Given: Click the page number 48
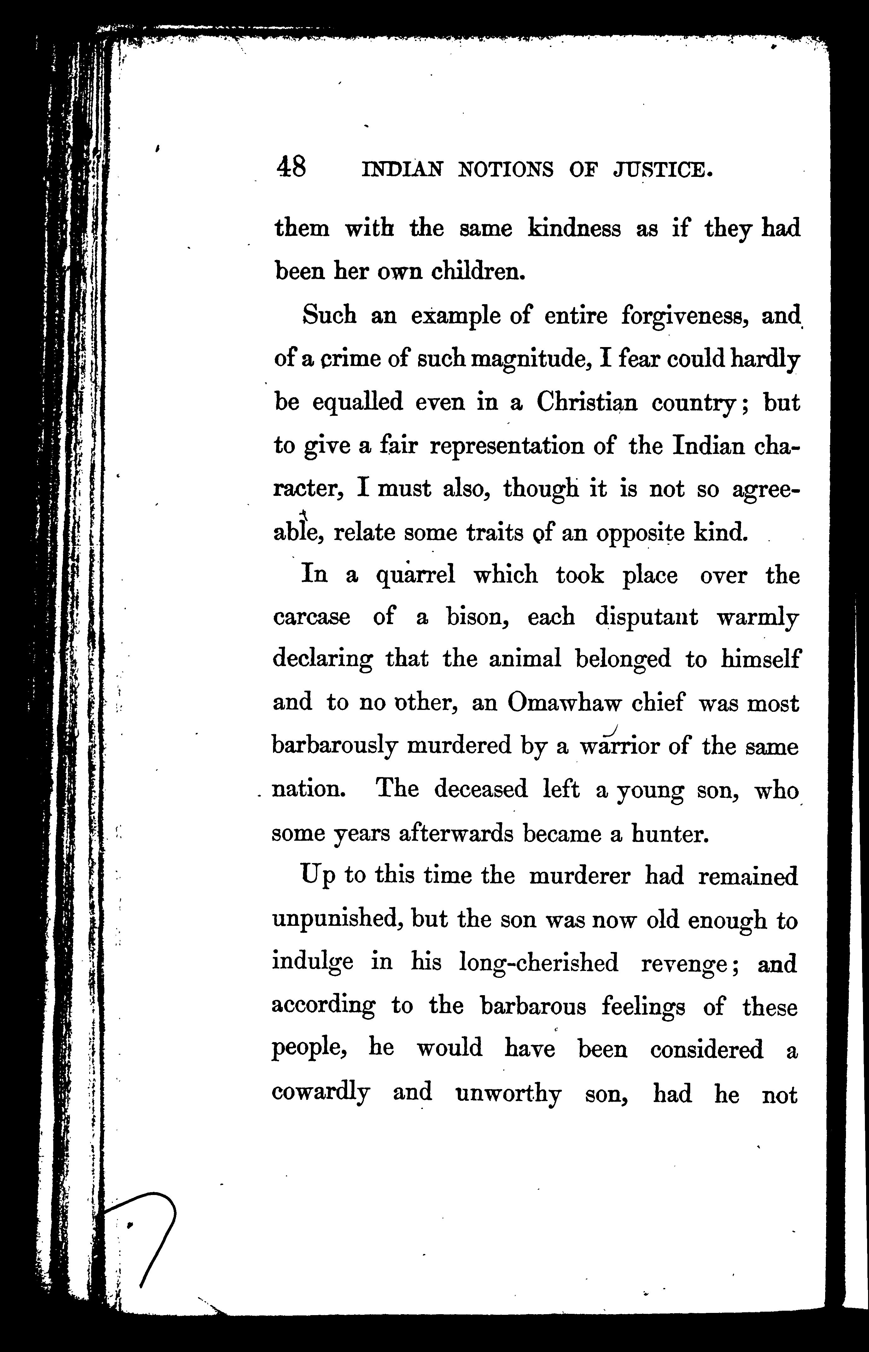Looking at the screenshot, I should point(291,167).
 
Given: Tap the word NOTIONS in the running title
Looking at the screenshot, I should point(505,169).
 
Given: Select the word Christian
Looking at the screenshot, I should point(587,402).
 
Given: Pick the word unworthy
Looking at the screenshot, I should point(508,1094).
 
